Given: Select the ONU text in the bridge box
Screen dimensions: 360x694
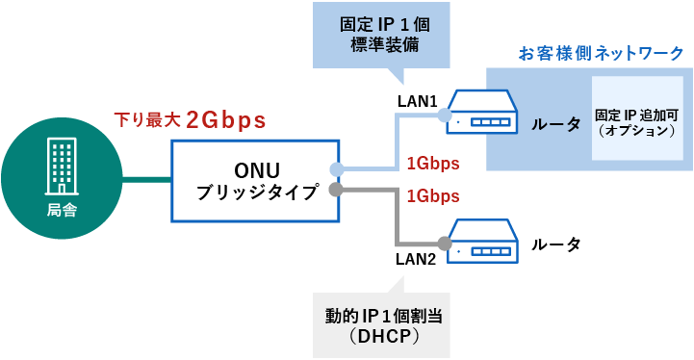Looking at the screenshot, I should pyautogui.click(x=255, y=167).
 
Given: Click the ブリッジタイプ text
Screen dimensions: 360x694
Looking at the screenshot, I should pyautogui.click(x=255, y=193).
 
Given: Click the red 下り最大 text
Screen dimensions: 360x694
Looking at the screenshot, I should pyautogui.click(x=147, y=120).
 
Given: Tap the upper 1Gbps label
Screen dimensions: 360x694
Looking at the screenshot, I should pyautogui.click(x=432, y=162).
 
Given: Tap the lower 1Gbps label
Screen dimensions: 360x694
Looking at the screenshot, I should pyautogui.click(x=432, y=196).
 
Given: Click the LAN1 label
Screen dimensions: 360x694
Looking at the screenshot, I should pyautogui.click(x=417, y=100).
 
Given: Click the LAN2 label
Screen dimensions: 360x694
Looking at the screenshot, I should pyautogui.click(x=417, y=259).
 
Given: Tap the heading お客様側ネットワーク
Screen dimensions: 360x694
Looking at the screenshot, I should pyautogui.click(x=601, y=53).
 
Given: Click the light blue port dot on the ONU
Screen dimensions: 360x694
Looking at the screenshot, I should pyautogui.click(x=336, y=169).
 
